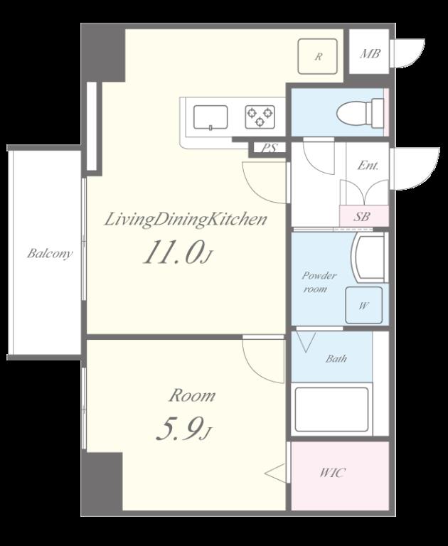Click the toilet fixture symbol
[x=360, y=113]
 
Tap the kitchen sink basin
[x=210, y=118]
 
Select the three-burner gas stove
[x=260, y=117]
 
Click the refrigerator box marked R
[x=318, y=56]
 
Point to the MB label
[x=370, y=54]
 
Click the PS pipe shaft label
[x=269, y=149]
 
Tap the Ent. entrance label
[x=368, y=166]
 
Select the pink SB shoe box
[x=364, y=216]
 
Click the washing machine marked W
[x=363, y=306]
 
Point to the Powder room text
[x=319, y=282]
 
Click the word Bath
[x=336, y=358]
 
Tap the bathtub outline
[x=331, y=409]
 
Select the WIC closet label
[x=333, y=473]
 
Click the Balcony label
[x=50, y=253]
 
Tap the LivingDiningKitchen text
[x=186, y=220]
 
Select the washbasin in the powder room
[x=369, y=257]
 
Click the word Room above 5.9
[x=192, y=396]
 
